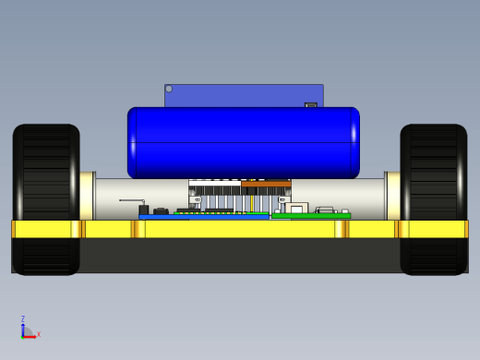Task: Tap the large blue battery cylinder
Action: (244, 143)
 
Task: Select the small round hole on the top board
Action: (169, 89)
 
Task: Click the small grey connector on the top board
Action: (311, 105)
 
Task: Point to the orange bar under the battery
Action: (266, 184)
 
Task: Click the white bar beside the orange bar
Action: (215, 184)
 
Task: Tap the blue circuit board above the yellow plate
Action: (204, 217)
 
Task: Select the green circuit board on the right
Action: (311, 216)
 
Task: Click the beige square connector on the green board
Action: (296, 208)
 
